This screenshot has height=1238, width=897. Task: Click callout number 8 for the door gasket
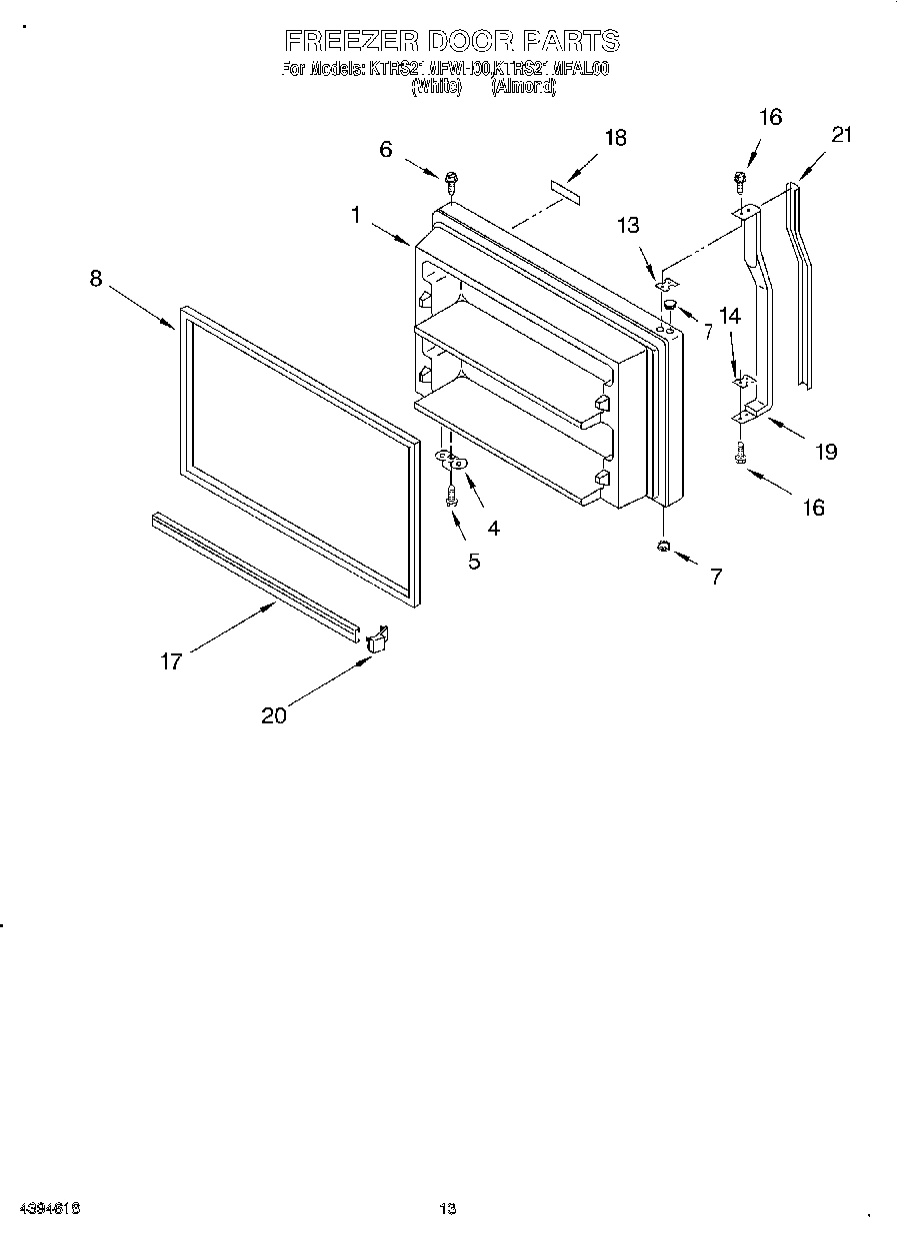tap(96, 279)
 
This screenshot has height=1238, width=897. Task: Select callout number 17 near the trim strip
tap(172, 661)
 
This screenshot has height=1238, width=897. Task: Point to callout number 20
tap(274, 714)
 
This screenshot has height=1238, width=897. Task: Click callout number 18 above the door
tap(615, 137)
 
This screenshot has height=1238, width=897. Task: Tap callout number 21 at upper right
tap(842, 134)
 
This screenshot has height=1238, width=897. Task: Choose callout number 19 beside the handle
tap(825, 451)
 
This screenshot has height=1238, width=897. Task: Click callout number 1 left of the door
tap(355, 213)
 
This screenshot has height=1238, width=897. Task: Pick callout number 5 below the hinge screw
tap(474, 562)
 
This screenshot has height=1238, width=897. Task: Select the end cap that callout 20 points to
tap(377, 639)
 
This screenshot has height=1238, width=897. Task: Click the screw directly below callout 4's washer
tap(452, 493)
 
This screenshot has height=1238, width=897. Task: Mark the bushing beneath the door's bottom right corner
tap(663, 546)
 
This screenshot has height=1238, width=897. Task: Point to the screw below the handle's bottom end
tap(740, 452)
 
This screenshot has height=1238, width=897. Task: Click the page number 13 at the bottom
tap(448, 1209)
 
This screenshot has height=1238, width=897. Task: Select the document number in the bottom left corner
tap(49, 1209)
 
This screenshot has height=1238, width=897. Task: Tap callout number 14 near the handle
tap(730, 316)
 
